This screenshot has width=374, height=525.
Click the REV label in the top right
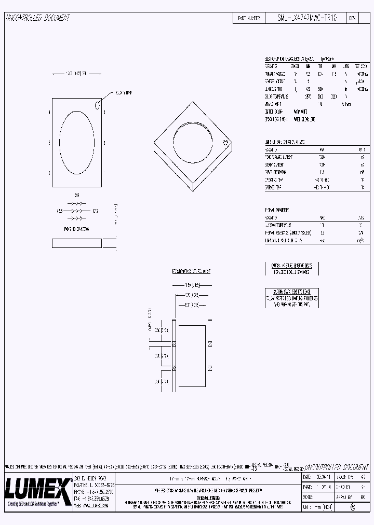click(x=352, y=18)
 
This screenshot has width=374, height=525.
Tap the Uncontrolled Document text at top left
click(x=37, y=18)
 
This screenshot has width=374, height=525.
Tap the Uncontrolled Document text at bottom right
click(x=335, y=467)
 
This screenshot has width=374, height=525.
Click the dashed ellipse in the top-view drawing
click(x=77, y=143)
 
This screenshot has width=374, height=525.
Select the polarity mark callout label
click(x=123, y=92)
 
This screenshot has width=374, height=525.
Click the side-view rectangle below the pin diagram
click(x=77, y=242)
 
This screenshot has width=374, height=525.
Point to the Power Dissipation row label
click(x=276, y=172)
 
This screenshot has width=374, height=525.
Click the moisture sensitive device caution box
click(x=291, y=268)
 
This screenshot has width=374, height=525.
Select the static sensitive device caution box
click(x=291, y=298)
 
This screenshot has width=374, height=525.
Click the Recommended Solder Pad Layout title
click(x=191, y=271)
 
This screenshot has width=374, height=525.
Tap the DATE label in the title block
click(x=306, y=476)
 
